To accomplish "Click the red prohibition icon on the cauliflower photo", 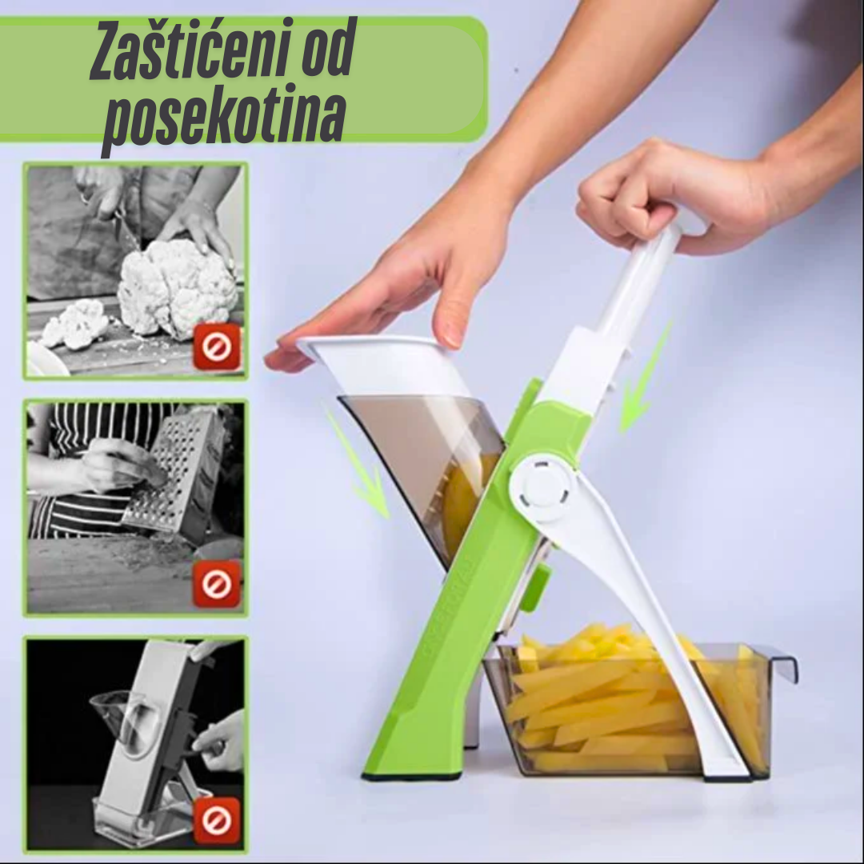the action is tap(217, 346).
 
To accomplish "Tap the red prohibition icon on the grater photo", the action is tap(217, 584).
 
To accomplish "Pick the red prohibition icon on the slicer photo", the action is tap(217, 821).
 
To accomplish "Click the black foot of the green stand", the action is tap(411, 776).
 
